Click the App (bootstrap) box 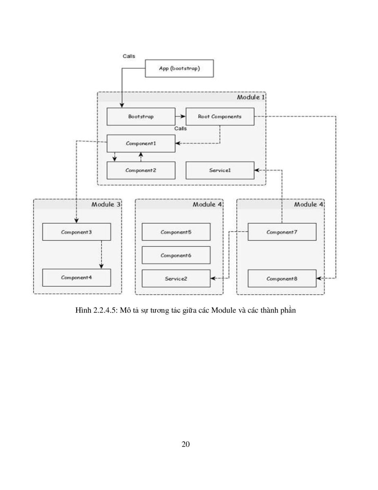179,68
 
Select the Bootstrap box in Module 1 141,117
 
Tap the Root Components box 220,117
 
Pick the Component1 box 141,143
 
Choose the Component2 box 141,170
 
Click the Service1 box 220,170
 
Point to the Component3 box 77,232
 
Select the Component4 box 77,278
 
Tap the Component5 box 176,232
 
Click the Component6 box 176,255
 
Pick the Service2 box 176,278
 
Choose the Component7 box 282,232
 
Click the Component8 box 282,278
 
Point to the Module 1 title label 251,97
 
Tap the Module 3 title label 106,205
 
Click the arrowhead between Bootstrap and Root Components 183,116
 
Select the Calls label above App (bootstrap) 129,56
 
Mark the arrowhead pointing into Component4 101,266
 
